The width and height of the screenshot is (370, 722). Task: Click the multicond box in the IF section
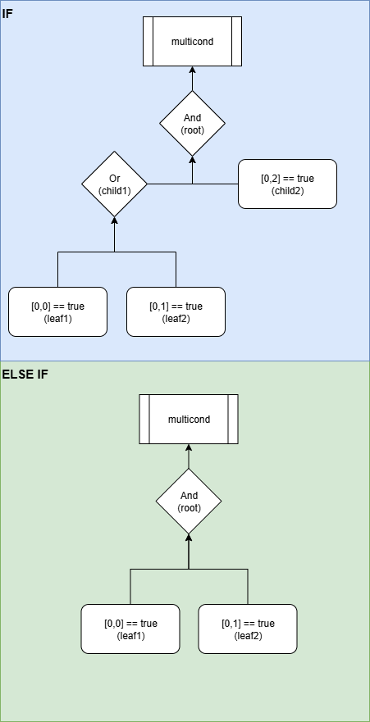192,41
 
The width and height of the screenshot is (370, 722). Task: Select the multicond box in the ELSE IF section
189,419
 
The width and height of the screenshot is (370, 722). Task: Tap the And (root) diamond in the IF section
192,123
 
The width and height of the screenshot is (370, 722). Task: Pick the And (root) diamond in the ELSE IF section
189,501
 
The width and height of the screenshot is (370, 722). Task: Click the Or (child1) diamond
114,184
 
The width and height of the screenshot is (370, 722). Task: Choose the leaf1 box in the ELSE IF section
130,629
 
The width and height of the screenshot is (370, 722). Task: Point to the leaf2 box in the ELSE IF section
248,629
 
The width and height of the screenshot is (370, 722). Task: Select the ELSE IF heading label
25,375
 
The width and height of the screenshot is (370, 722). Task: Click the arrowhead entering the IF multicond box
192,70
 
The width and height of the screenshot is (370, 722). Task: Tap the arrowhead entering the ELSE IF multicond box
189,448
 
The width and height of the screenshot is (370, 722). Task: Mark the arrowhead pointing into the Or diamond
114,220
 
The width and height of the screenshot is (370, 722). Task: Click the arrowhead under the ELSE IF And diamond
189,537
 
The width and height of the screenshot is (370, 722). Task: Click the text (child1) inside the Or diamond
114,190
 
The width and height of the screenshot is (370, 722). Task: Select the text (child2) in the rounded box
287,190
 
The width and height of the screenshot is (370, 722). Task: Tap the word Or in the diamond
114,178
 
